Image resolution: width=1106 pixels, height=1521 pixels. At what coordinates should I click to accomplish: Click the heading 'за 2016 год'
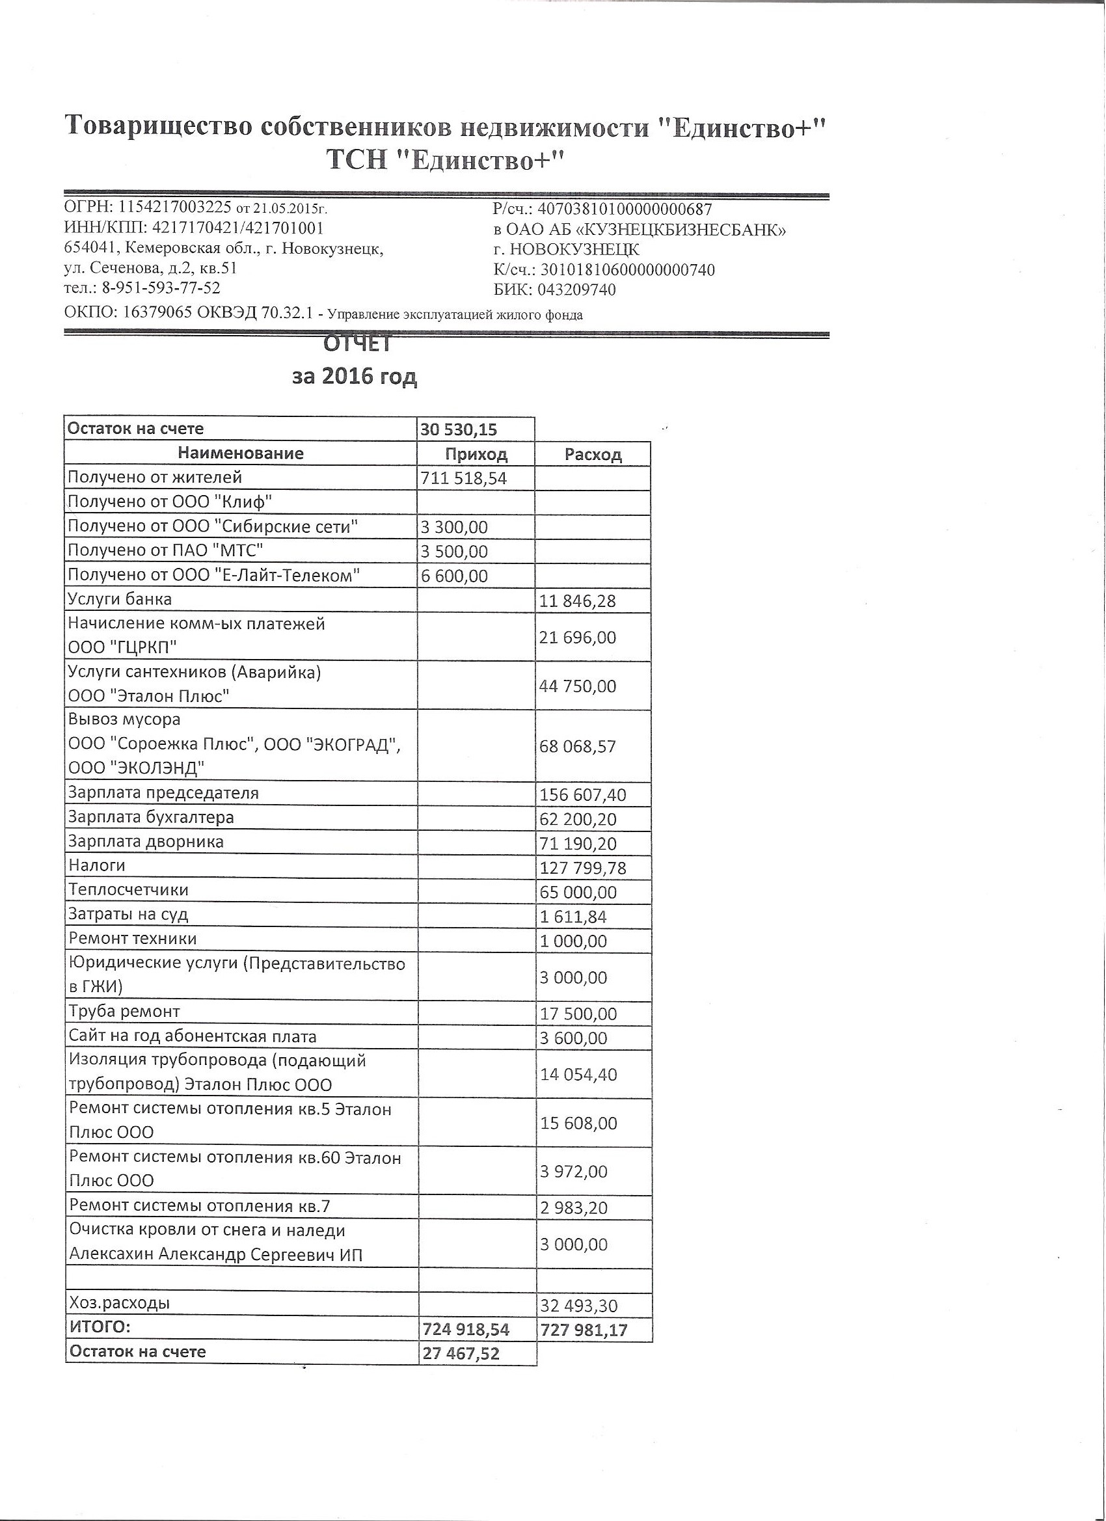(x=354, y=376)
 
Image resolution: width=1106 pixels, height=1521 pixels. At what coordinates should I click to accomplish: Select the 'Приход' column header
(x=476, y=454)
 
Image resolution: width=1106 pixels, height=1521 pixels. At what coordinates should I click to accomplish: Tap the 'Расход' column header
(x=593, y=455)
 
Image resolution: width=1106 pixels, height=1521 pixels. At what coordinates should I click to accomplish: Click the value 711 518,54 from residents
(x=463, y=478)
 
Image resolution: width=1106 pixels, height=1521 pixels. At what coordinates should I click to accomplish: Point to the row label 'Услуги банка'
(x=120, y=599)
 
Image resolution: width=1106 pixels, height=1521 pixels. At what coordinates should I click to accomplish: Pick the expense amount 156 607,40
(x=583, y=796)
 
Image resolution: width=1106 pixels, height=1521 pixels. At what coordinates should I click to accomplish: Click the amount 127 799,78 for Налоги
(x=583, y=868)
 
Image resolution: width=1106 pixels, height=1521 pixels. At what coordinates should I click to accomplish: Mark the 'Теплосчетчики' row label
(x=128, y=890)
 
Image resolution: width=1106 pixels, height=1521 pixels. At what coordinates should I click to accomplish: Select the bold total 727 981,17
(x=583, y=1330)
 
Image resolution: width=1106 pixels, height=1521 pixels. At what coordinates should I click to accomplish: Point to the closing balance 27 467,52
(x=461, y=1353)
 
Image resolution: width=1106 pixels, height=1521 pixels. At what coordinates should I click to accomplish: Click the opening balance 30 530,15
(x=459, y=429)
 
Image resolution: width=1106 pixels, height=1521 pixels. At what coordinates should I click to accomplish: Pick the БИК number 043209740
(x=576, y=289)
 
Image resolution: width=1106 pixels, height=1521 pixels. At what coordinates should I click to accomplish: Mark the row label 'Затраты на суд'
(x=128, y=914)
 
